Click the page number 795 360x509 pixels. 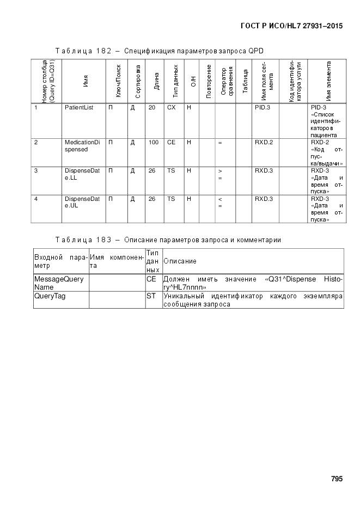pyautogui.click(x=337, y=480)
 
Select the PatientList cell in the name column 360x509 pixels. pyautogui.click(x=79, y=108)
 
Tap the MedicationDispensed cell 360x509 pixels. pyautogui.click(x=82, y=146)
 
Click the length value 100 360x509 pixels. pyautogui.click(x=154, y=143)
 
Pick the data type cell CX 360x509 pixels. pyautogui.click(x=171, y=108)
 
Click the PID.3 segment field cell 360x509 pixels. pyautogui.click(x=263, y=108)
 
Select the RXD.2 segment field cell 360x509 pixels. pyautogui.click(x=264, y=143)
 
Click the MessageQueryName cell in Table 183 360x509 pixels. pyautogui.click(x=59, y=283)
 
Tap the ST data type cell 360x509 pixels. pyautogui.click(x=150, y=297)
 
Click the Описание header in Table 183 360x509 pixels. pyautogui.click(x=180, y=261)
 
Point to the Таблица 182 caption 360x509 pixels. pyautogui.click(x=160, y=51)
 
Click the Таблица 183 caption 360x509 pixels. pyautogui.click(x=168, y=240)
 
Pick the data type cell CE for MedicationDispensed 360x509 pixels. pyautogui.click(x=171, y=143)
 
